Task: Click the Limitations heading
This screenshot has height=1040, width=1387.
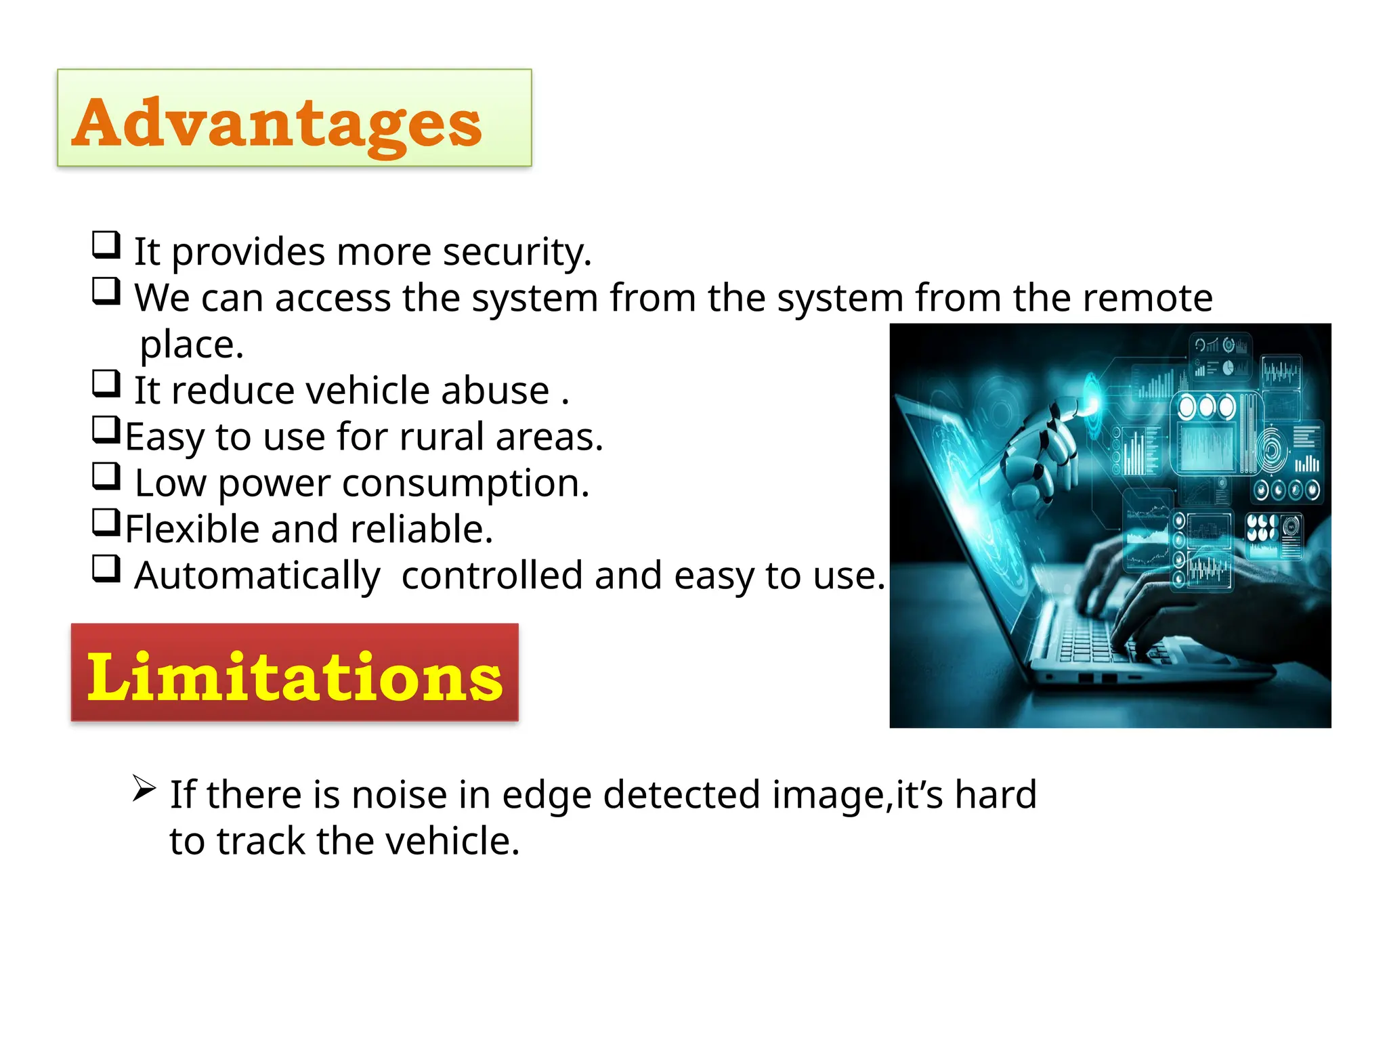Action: (295, 676)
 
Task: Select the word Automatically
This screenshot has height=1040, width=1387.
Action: (257, 577)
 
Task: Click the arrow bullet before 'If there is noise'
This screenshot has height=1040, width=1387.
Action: (144, 788)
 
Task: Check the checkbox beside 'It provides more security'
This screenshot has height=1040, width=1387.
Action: (106, 245)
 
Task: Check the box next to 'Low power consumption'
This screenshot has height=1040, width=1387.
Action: (106, 477)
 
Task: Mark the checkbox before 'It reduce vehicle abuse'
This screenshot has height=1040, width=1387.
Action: (106, 384)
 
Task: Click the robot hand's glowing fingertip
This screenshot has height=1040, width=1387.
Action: (1092, 404)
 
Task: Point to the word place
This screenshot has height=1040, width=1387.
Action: (191, 345)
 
